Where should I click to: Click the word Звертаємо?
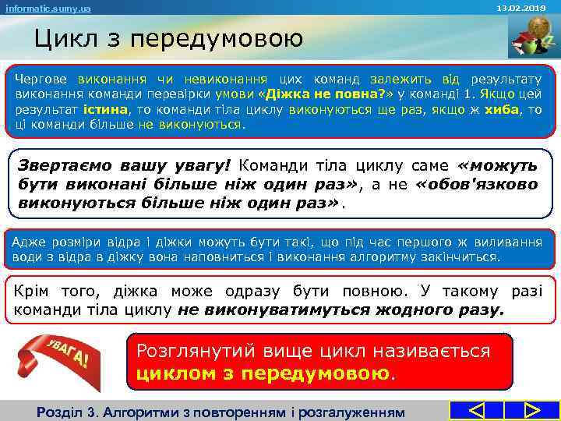[65, 166]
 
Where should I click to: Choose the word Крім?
[34, 292]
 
